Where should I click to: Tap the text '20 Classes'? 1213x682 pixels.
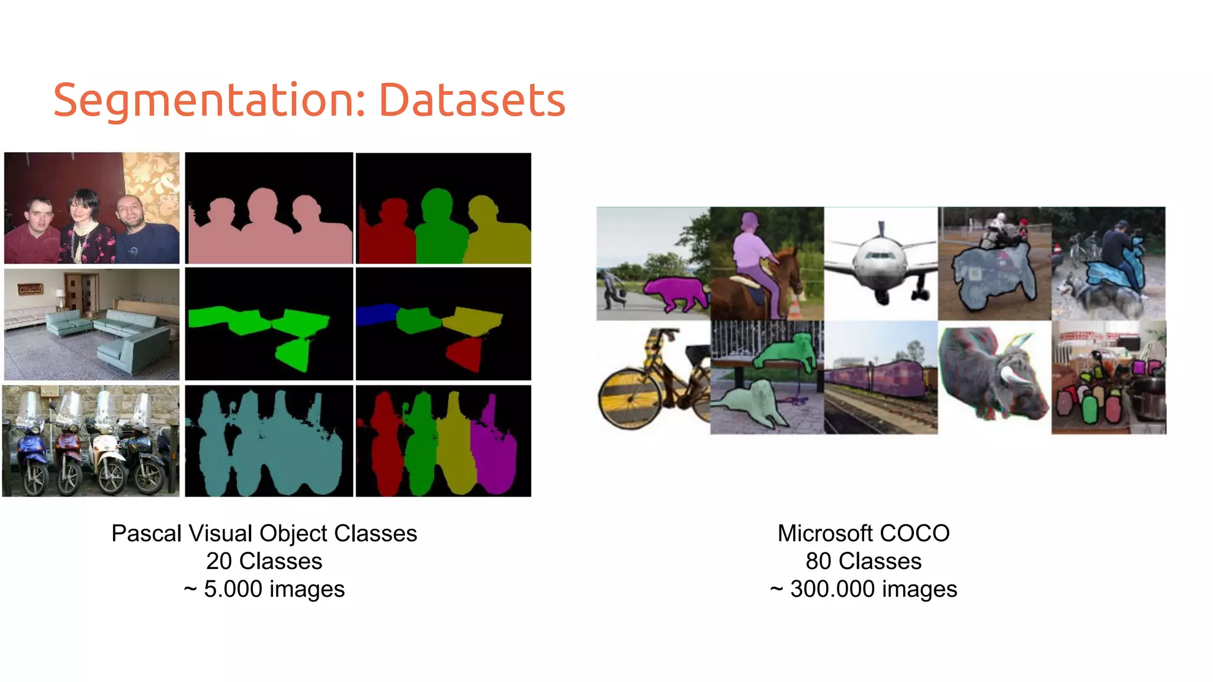pyautogui.click(x=264, y=561)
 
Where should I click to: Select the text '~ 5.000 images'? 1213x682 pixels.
pyautogui.click(x=264, y=589)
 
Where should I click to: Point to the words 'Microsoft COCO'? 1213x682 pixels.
pyautogui.click(x=863, y=533)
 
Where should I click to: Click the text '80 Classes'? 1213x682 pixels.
pyautogui.click(x=863, y=561)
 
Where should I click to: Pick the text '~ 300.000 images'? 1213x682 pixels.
pyautogui.click(x=863, y=589)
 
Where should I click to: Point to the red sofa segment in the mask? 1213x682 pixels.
pyautogui.click(x=465, y=353)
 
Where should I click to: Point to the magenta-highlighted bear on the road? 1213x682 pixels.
pyautogui.click(x=675, y=293)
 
